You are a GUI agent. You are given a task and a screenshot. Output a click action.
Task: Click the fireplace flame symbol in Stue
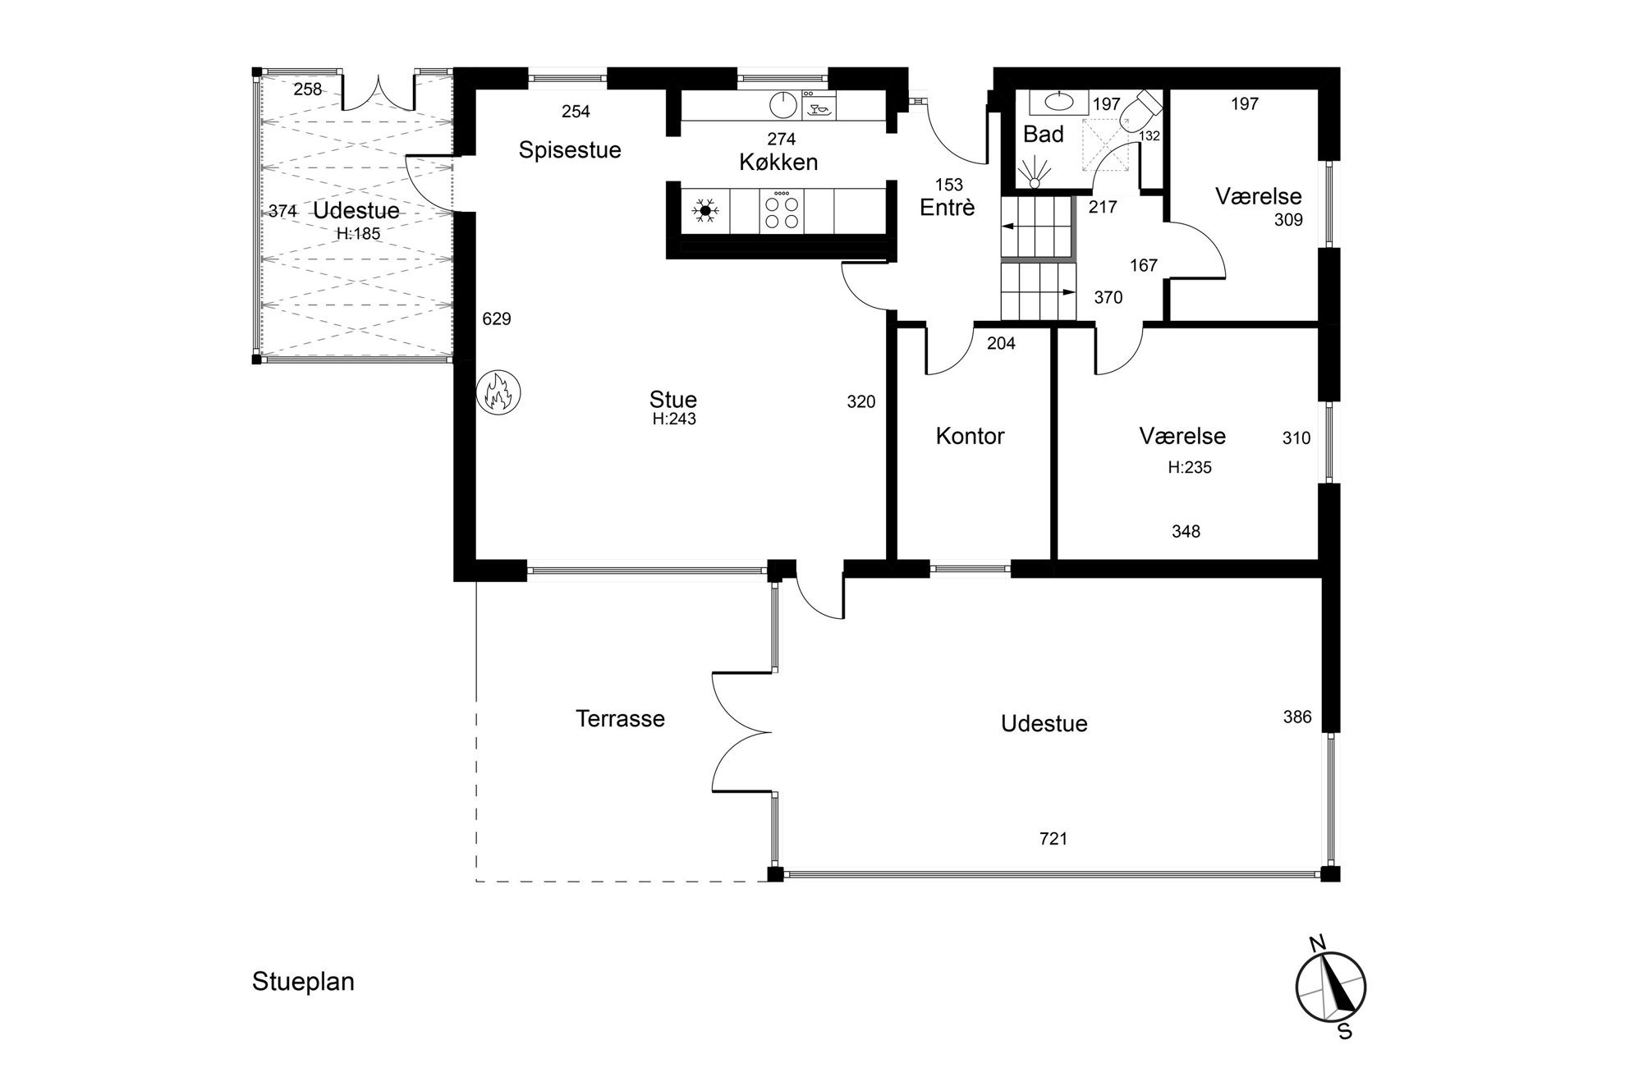pyautogui.click(x=498, y=392)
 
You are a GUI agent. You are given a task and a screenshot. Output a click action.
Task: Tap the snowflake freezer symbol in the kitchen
pyautogui.click(x=704, y=211)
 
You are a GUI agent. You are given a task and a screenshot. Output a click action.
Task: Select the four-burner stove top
pyautogui.click(x=781, y=211)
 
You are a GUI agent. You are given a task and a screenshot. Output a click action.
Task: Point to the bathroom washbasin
pyautogui.click(x=1058, y=103)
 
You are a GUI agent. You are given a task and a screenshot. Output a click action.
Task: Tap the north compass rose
pyautogui.click(x=1331, y=987)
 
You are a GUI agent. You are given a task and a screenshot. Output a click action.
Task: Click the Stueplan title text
pyautogui.click(x=303, y=983)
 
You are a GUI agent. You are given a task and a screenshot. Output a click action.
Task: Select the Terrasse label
pyautogui.click(x=620, y=719)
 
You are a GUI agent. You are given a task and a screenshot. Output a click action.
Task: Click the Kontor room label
pyautogui.click(x=970, y=436)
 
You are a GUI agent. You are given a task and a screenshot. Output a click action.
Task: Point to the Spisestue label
pyautogui.click(x=570, y=151)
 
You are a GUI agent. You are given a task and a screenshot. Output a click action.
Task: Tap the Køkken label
pyautogui.click(x=778, y=163)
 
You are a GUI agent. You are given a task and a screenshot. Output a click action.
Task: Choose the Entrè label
pyautogui.click(x=948, y=208)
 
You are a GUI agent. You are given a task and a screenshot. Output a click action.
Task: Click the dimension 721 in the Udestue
pyautogui.click(x=1053, y=838)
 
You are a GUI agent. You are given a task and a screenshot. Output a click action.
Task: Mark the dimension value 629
pyautogui.click(x=497, y=318)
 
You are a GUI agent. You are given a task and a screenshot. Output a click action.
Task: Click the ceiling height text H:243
pyautogui.click(x=674, y=419)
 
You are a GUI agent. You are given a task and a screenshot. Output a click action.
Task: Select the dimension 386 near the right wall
pyautogui.click(x=1297, y=717)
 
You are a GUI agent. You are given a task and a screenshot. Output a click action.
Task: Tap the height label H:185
pyautogui.click(x=358, y=233)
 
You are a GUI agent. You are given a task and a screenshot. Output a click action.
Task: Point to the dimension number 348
pyautogui.click(x=1186, y=532)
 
